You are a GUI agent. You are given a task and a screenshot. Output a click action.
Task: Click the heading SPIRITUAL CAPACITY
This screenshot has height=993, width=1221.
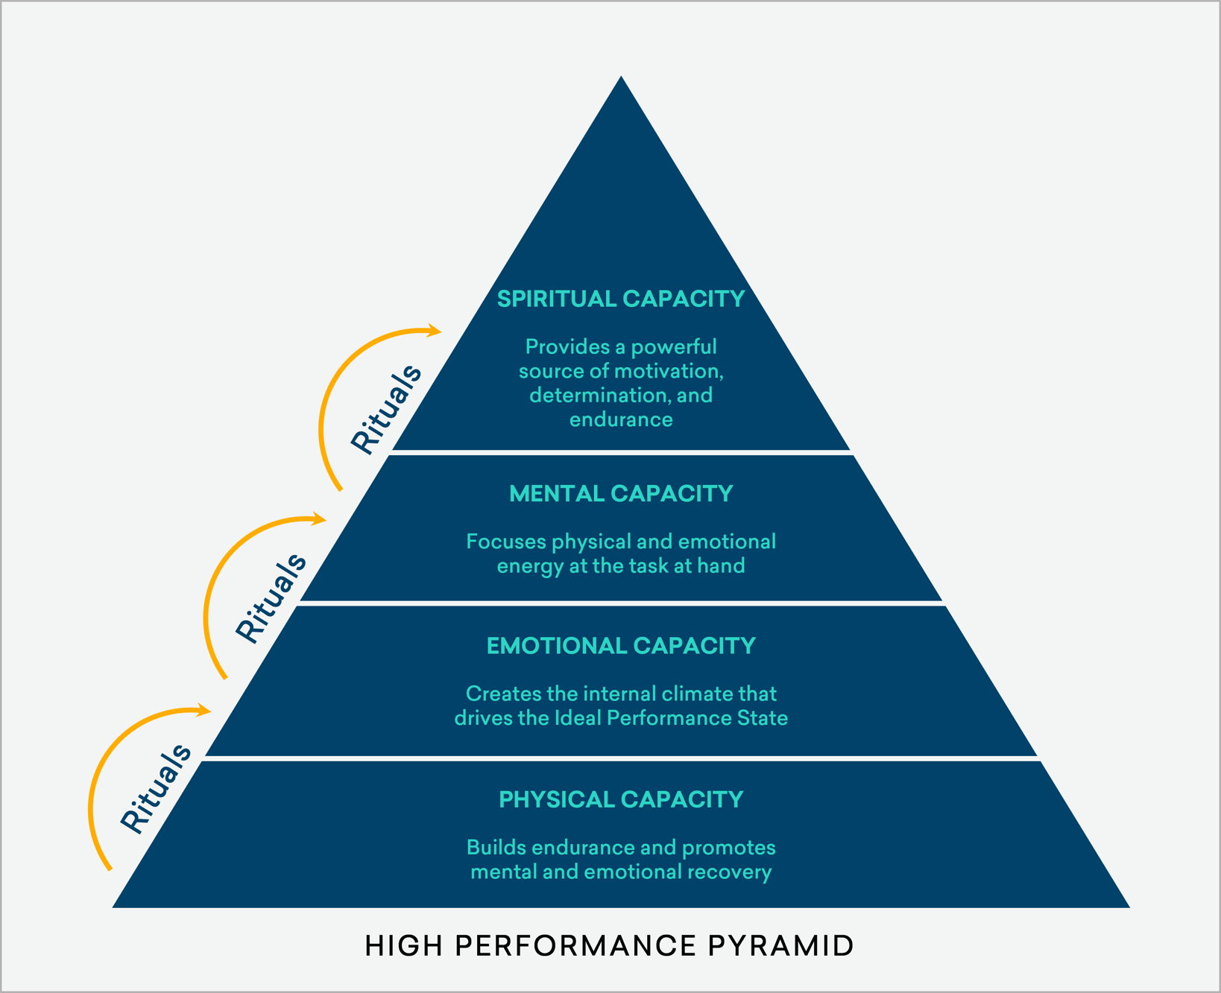(x=621, y=299)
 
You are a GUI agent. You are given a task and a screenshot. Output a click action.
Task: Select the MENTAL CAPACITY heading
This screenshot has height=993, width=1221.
(x=621, y=494)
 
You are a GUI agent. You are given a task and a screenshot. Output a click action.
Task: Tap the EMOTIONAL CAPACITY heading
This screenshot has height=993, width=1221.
(x=621, y=646)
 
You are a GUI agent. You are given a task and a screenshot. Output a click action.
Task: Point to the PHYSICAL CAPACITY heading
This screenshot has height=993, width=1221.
(x=621, y=799)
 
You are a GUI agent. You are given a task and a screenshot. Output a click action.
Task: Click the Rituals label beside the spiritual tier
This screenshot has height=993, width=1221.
(x=387, y=409)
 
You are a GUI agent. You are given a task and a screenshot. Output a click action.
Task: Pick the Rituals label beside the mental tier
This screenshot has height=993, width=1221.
(x=271, y=597)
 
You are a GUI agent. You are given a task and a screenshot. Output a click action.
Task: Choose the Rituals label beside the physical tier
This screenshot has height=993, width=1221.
(x=157, y=788)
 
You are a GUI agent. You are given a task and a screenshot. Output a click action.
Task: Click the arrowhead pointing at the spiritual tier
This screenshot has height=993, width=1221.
(x=434, y=331)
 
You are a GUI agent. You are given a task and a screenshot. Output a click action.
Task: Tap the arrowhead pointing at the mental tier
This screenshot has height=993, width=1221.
(x=319, y=518)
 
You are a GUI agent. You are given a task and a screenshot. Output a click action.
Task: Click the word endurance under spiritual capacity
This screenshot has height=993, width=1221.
(x=621, y=419)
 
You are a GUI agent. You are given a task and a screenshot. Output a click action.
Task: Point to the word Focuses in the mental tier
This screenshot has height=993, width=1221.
(x=506, y=542)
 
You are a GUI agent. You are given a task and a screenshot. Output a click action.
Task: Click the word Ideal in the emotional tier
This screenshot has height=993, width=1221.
(x=578, y=718)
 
